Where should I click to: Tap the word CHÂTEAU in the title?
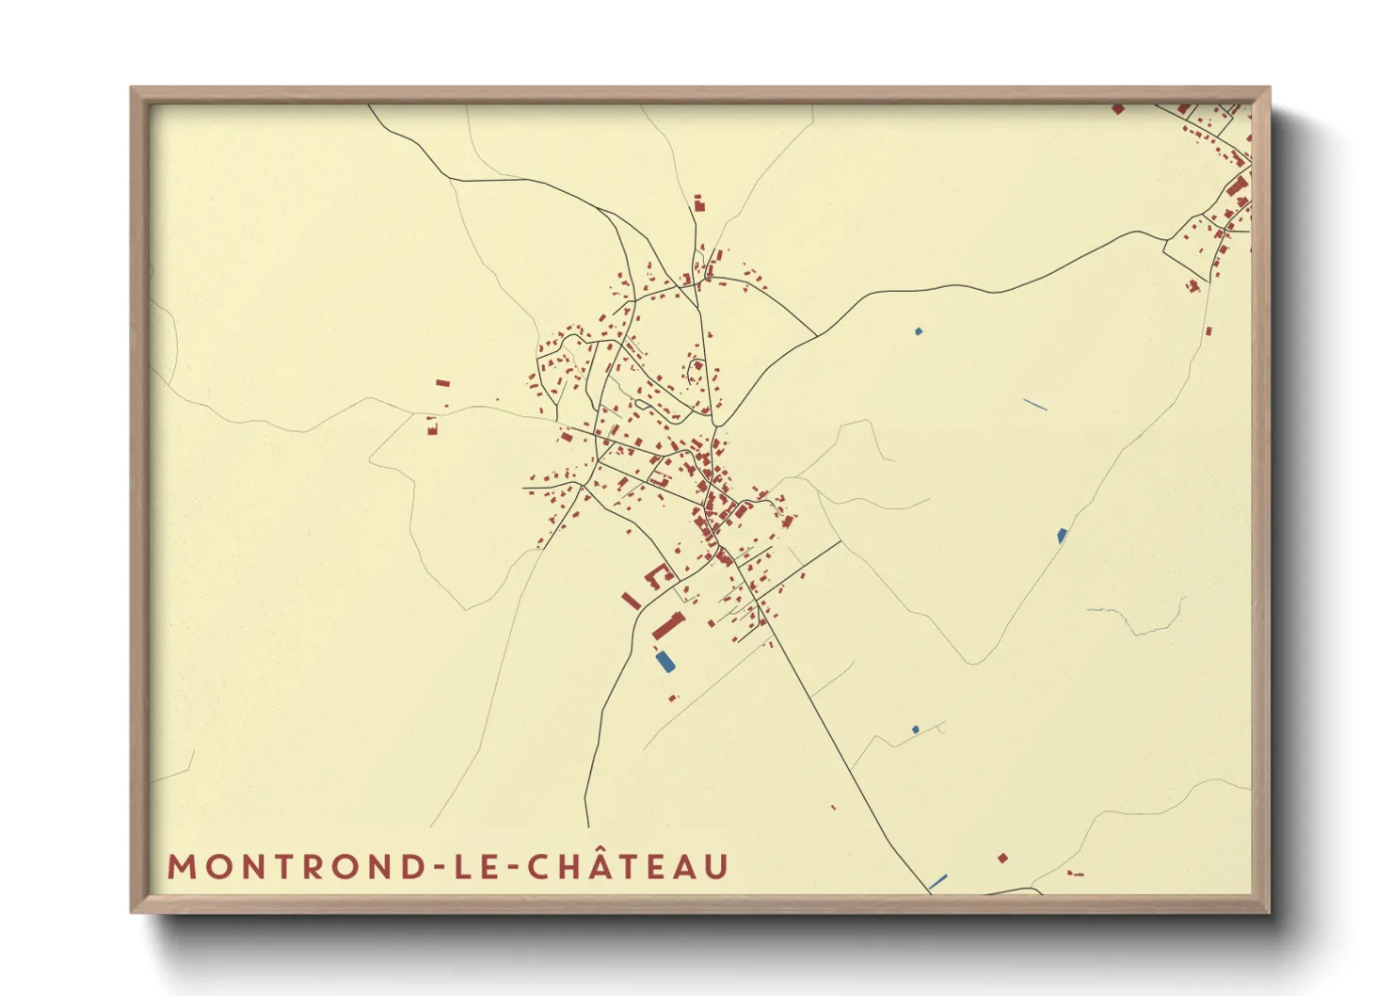coord(627,866)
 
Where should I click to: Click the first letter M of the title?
coord(182,867)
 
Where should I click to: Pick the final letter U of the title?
coord(716,867)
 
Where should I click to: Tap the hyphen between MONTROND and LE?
coord(436,868)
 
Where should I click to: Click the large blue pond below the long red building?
coord(665,661)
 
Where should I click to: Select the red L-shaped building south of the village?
coord(657,574)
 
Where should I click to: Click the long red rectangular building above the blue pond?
coord(669,624)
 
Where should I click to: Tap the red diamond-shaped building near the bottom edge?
coord(1002,858)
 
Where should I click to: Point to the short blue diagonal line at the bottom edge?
coord(937,882)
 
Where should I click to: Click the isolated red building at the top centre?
coord(699,203)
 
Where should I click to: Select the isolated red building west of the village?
coord(442,383)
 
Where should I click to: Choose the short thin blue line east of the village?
coord(1035,405)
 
